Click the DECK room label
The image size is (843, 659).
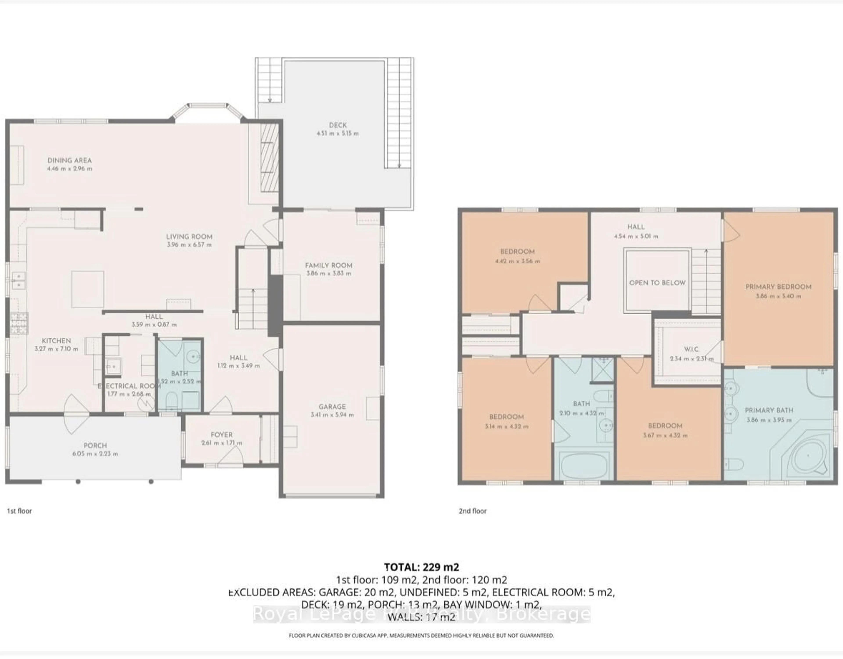pos(338,125)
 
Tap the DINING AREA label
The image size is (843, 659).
pos(69,160)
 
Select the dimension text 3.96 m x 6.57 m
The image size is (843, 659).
pos(189,245)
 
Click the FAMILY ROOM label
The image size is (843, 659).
pos(328,266)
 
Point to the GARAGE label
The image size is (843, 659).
pos(332,407)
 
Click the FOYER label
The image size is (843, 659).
pos(222,435)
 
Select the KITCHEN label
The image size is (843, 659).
pos(56,341)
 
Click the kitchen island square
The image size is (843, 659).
pos(88,289)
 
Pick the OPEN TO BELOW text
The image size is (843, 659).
pos(657,283)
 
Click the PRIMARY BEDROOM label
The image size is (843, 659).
pos(778,287)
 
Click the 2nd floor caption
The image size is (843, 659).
pos(472,511)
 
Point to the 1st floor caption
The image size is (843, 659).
pos(19,511)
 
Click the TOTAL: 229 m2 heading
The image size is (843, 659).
pos(421,567)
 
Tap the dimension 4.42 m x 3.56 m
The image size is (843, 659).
pos(517,261)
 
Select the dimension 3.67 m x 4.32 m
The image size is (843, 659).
pos(665,435)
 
